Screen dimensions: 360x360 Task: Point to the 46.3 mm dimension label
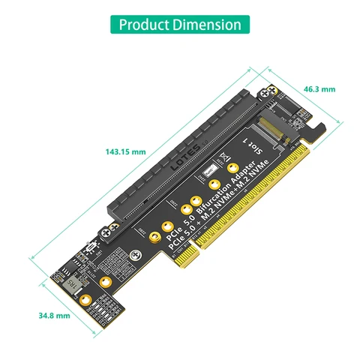[x=319, y=89]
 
